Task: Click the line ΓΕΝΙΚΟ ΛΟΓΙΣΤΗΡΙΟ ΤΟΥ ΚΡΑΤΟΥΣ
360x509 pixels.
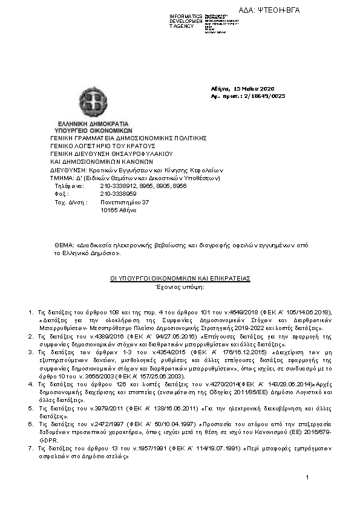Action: coord(103,146)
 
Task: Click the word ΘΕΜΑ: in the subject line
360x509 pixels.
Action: coord(64,245)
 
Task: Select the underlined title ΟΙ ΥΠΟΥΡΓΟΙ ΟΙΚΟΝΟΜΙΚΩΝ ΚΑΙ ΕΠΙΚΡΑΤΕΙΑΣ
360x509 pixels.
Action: coord(180,278)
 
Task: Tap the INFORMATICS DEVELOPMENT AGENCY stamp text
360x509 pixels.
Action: coord(185,21)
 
